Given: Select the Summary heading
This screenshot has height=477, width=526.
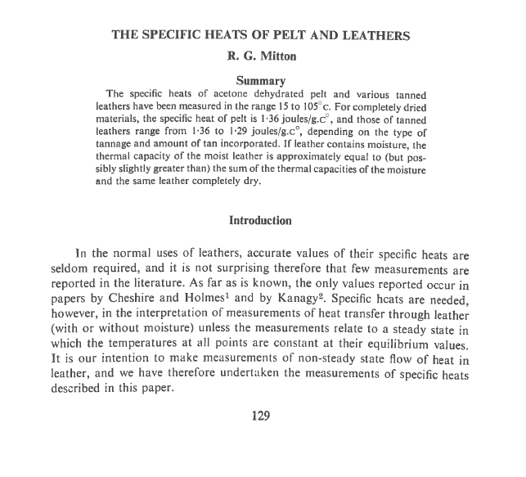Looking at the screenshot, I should [260, 80].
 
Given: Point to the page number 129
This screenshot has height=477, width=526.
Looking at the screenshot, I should [261, 416].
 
